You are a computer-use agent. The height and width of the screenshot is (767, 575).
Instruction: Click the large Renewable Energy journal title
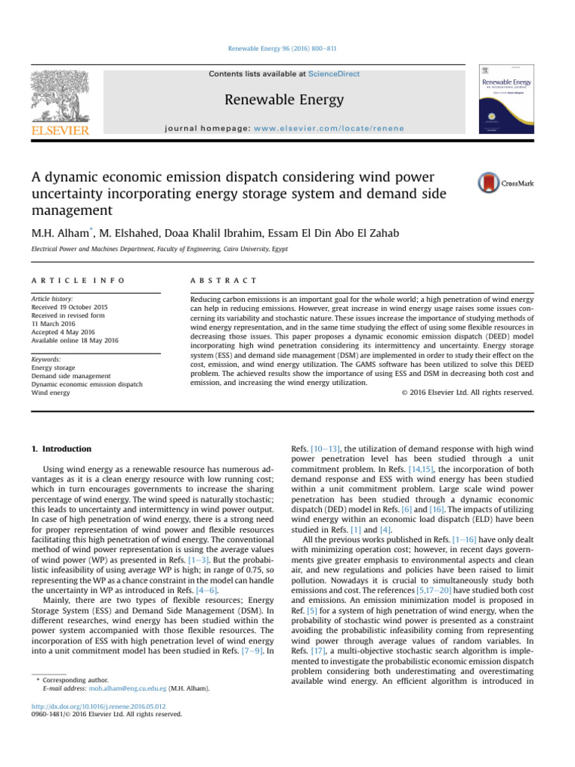[287, 100]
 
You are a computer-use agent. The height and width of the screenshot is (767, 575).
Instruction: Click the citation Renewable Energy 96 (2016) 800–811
[287, 49]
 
